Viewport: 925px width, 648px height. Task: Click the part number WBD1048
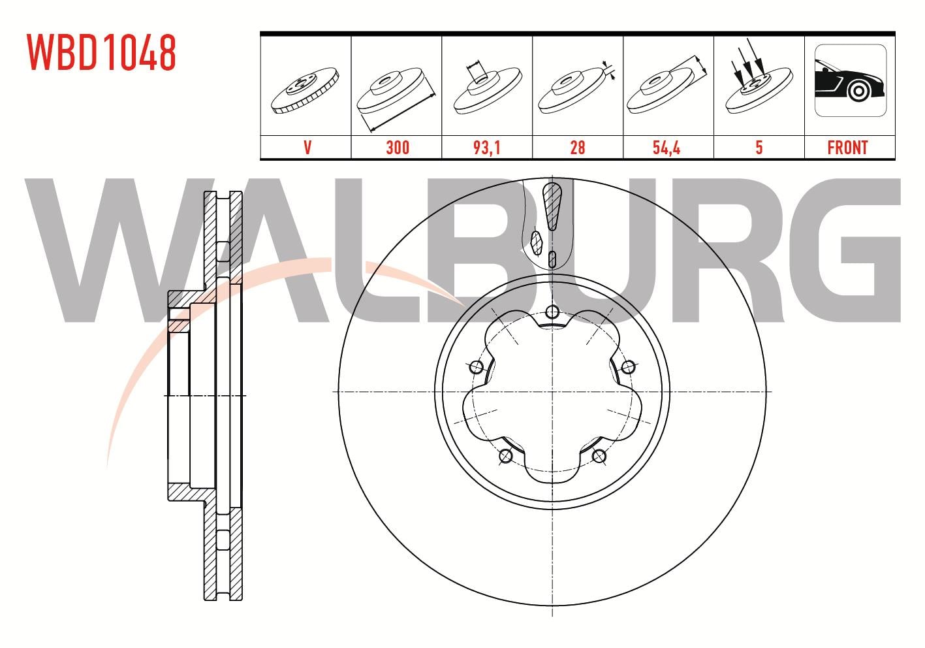pyautogui.click(x=101, y=52)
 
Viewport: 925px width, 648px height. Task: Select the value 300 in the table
pyautogui.click(x=398, y=148)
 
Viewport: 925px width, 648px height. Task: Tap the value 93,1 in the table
pyautogui.click(x=487, y=148)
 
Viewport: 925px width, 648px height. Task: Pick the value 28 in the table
pyautogui.click(x=577, y=148)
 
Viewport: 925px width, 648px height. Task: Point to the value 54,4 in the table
pyautogui.click(x=666, y=148)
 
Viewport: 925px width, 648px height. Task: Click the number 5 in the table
pyautogui.click(x=759, y=148)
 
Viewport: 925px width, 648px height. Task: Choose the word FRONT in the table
pyautogui.click(x=847, y=148)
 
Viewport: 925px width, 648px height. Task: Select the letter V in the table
pyautogui.click(x=307, y=148)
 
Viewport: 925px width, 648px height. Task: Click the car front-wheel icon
pyautogui.click(x=851, y=80)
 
